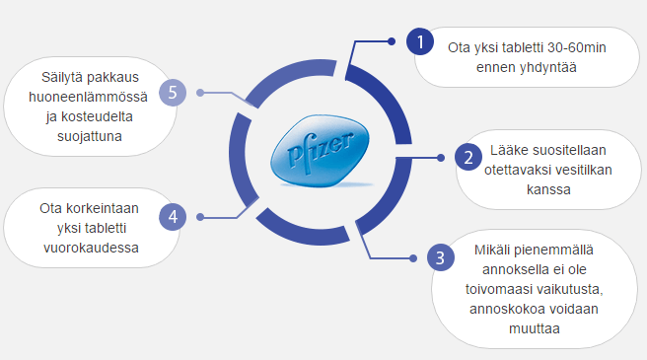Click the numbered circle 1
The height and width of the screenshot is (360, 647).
coord(421,42)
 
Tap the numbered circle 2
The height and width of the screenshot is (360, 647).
coord(468,157)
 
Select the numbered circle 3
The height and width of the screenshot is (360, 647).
coord(440,259)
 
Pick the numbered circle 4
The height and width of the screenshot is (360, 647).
coord(174,216)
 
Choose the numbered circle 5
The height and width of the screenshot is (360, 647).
coord(174,93)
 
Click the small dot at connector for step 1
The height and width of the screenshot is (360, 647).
coord(392,41)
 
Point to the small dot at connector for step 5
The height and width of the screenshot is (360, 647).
coord(200,94)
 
